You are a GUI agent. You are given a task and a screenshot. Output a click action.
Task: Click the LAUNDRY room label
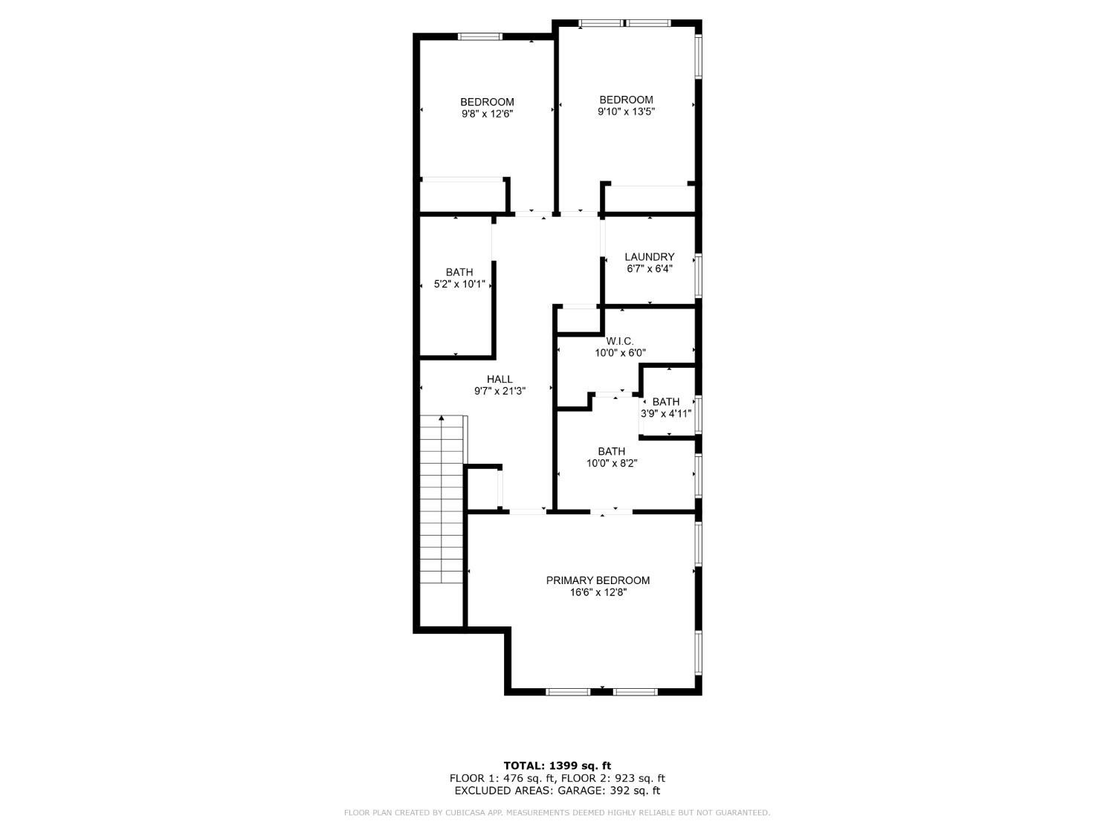point(649,257)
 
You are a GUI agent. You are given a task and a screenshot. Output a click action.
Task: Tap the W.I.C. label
point(620,341)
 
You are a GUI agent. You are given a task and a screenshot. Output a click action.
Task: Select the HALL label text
point(500,379)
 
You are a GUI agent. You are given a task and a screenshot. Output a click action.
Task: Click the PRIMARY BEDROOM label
point(598,580)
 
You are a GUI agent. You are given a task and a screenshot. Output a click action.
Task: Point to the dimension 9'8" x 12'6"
point(487,114)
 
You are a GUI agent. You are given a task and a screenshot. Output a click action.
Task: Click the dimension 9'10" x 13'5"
point(626,111)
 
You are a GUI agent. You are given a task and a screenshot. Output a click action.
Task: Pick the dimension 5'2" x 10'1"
point(459,284)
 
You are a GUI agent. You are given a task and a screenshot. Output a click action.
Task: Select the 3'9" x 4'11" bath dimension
point(667,414)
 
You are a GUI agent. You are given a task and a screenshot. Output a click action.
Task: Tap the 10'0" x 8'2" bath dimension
point(612,463)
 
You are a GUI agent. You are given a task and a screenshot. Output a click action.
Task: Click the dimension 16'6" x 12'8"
point(598,592)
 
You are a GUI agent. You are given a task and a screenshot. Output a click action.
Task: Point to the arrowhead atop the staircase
point(442,419)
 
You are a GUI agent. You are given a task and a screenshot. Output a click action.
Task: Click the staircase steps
point(442,505)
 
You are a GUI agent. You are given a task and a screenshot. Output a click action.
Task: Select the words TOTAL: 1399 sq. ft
point(557,765)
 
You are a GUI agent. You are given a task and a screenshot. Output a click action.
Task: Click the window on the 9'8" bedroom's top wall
point(479,36)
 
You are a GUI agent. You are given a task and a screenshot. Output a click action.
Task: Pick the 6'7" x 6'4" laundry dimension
point(649,269)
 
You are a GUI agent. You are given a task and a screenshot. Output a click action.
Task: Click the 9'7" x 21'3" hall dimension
point(500,391)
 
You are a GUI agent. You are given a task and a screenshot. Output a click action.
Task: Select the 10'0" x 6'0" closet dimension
point(620,354)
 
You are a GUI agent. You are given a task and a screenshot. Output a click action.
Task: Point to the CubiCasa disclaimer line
point(557,813)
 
